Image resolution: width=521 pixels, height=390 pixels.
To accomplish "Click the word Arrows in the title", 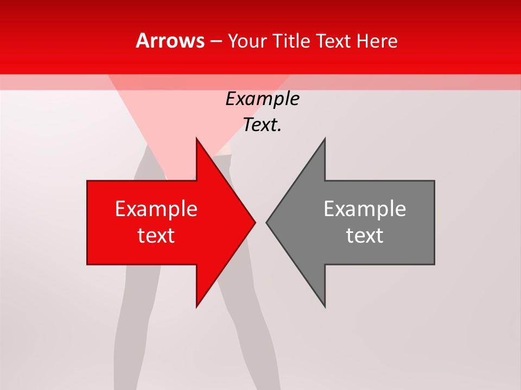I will (170, 41).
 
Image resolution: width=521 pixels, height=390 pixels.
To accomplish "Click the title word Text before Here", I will (334, 41).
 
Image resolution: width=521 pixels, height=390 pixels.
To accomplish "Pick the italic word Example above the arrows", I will (262, 99).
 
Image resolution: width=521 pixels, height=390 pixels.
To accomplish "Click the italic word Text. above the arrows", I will (262, 125).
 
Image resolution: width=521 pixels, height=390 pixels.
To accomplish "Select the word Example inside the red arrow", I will (156, 209).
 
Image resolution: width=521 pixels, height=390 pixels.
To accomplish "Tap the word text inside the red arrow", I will (156, 236).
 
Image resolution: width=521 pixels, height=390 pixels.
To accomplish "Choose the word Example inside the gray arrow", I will (365, 209).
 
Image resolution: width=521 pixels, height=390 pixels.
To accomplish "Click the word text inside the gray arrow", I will (365, 236).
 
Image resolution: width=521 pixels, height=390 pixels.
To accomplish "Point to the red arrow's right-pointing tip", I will (255, 222).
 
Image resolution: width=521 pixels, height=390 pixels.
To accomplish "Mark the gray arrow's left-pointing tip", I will (266, 222).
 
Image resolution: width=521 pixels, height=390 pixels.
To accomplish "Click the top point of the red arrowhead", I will (196, 138).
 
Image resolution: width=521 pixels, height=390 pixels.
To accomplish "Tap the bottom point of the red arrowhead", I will (196, 307).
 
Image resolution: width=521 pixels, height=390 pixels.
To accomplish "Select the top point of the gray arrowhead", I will (325, 138).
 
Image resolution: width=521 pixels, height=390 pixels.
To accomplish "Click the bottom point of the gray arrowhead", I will (325, 307).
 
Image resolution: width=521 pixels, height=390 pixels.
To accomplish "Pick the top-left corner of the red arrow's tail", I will (87, 181).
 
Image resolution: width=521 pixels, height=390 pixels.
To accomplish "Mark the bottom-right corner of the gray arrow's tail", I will (434, 264).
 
